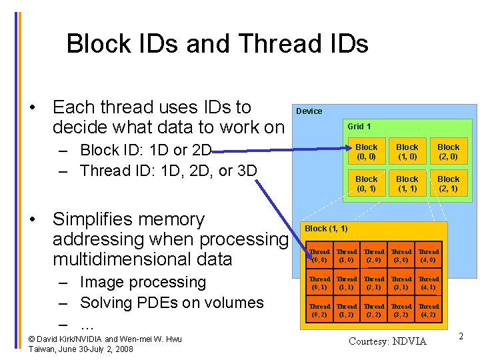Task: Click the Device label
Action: tap(309, 111)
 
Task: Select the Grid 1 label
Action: tap(359, 126)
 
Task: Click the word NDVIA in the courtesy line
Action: tap(409, 341)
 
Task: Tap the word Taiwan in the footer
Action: tap(43, 349)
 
